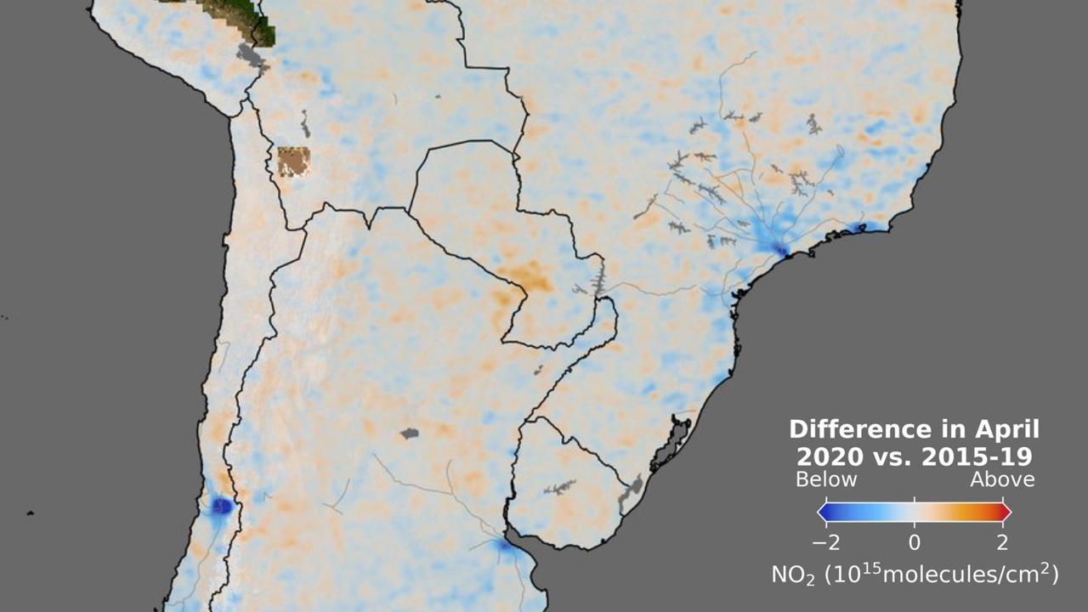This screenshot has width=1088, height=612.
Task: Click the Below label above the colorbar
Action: tap(826, 479)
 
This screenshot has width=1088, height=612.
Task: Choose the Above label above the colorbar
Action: tap(1003, 479)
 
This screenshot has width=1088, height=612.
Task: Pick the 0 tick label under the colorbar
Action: tap(915, 542)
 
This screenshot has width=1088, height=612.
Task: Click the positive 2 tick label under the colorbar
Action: tap(1003, 542)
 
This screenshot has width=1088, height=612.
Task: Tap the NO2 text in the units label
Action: tap(791, 575)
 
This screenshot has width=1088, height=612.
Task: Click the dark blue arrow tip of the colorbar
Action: tap(823, 512)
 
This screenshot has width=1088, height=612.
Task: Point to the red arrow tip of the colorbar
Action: tap(1006, 512)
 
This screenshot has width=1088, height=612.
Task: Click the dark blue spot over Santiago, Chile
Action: tap(222, 507)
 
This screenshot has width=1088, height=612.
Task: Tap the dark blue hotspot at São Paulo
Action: tap(780, 249)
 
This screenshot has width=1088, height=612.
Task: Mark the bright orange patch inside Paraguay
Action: tap(524, 275)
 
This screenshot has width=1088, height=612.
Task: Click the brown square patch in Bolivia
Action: tap(293, 161)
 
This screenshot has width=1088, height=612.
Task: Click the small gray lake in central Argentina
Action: tap(410, 433)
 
